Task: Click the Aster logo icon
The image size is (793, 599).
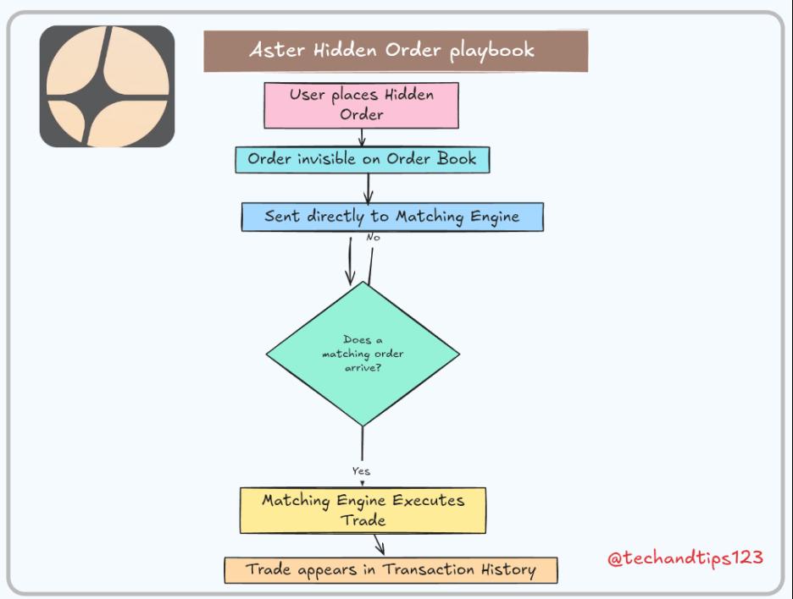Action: pos(107,86)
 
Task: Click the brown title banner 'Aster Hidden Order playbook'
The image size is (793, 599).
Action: pos(396,51)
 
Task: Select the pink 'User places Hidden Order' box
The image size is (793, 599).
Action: pos(362,104)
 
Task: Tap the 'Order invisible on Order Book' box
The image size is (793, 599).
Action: pos(362,159)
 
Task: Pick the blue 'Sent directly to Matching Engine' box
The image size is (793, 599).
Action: pos(391,217)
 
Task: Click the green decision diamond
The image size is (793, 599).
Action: pos(363,354)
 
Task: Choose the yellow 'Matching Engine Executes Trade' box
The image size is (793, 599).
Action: pos(363,509)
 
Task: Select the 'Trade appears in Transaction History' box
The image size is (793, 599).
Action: pos(391,569)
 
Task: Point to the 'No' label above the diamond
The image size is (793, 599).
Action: pos(373,238)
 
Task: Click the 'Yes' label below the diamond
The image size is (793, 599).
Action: pos(361,471)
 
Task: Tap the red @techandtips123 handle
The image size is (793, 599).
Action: pos(685,558)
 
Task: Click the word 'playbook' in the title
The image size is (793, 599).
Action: pos(492,50)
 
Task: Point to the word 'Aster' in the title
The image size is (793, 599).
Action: pos(272,50)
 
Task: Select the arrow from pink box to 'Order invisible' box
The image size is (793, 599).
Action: pos(362,138)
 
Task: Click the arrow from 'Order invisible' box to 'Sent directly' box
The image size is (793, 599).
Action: pos(369,187)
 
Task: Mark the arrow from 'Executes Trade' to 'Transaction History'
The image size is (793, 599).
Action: pos(380,544)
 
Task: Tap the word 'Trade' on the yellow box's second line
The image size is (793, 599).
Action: pos(363,519)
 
